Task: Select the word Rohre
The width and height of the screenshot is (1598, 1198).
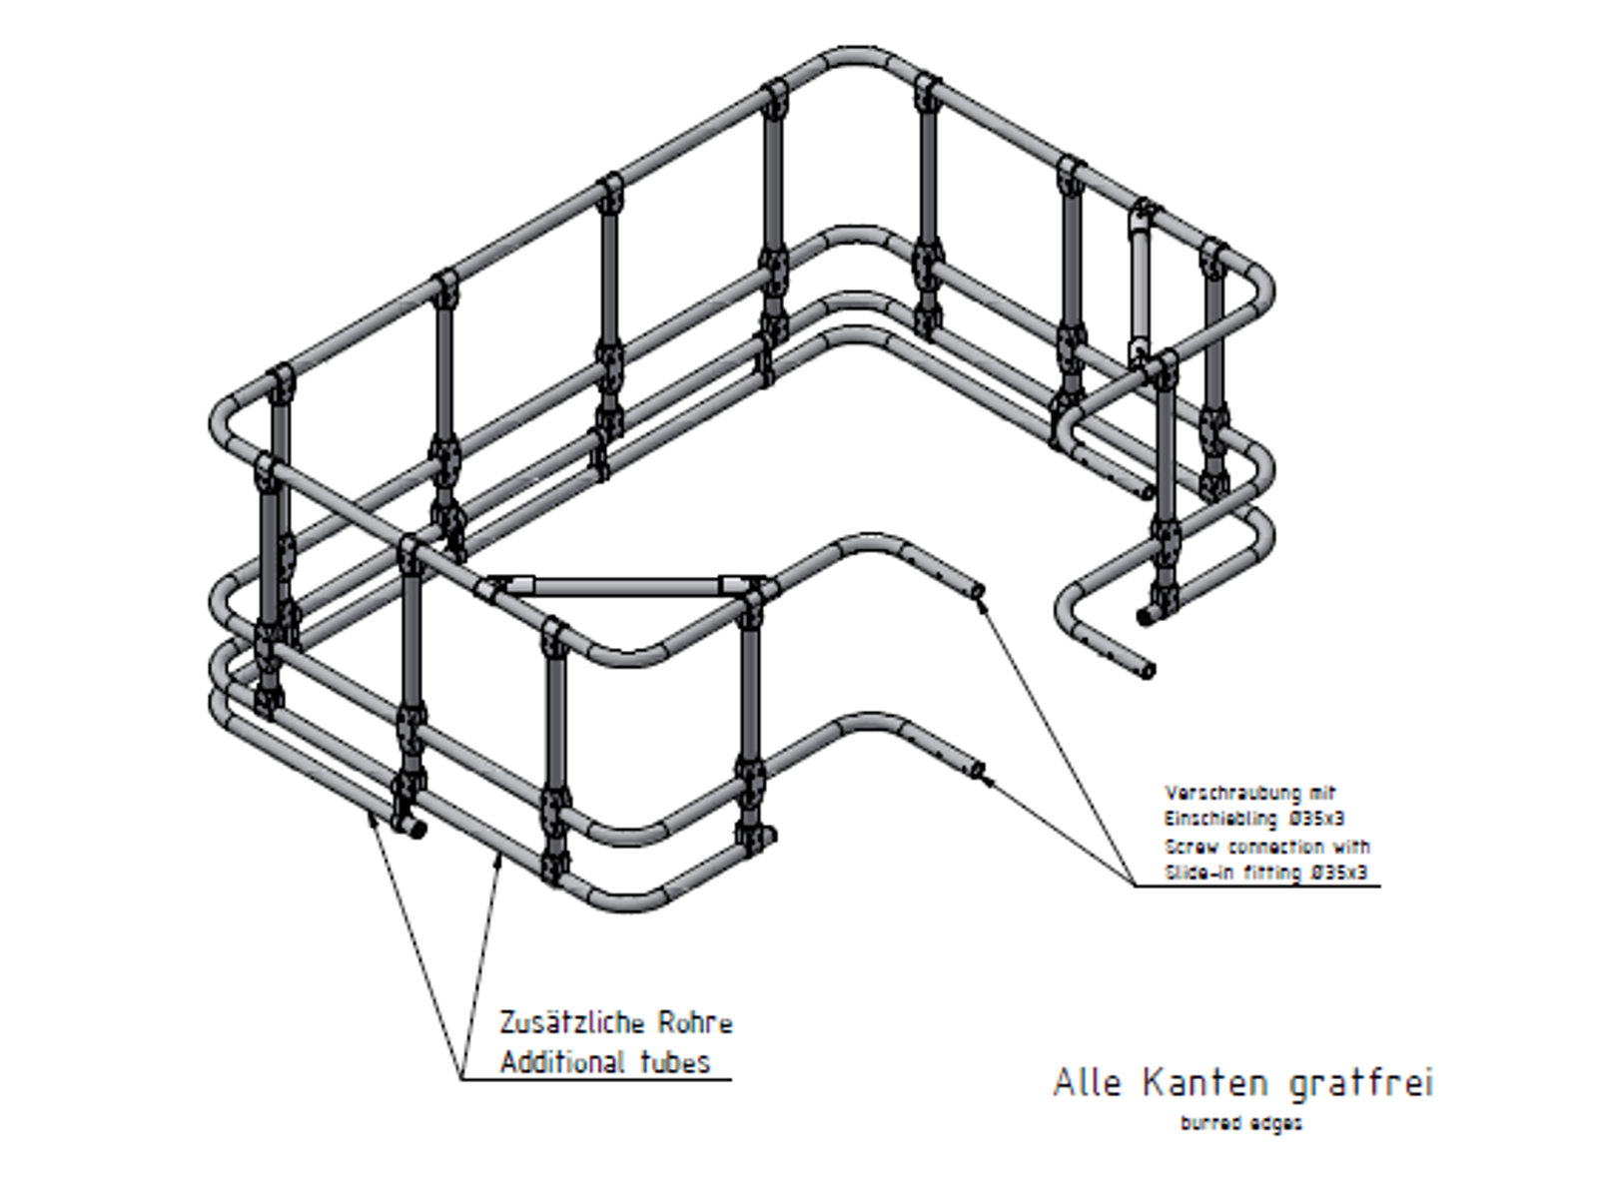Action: [x=695, y=1023]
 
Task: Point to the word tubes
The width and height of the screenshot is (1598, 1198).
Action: [x=675, y=1062]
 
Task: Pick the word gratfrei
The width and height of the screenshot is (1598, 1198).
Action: [x=1361, y=1084]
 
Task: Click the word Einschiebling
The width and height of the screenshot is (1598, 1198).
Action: [x=1220, y=819]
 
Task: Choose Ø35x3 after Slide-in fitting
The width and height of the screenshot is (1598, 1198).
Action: [x=1339, y=873]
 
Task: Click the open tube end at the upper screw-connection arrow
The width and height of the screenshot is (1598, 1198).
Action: [x=978, y=591]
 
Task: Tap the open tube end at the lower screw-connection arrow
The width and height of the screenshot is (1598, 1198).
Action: [x=978, y=768]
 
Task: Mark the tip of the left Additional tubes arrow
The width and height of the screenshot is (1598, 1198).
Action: [x=370, y=814]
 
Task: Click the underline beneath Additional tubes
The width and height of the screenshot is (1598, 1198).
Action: [x=595, y=1079]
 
